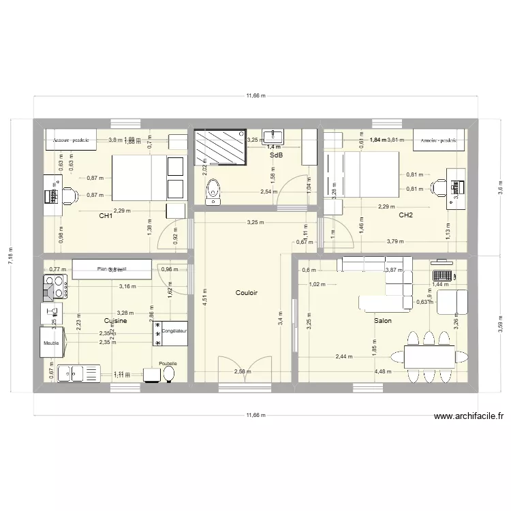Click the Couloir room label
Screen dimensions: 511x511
point(246,293)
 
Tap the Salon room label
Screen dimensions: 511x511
point(382,320)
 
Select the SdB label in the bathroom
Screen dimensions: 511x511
point(276,155)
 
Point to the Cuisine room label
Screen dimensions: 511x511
point(115,320)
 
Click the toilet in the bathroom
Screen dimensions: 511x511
point(213,191)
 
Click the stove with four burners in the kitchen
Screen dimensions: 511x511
point(54,288)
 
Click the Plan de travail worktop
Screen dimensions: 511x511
point(112,268)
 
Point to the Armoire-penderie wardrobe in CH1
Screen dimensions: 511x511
point(70,140)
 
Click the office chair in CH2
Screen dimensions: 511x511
point(440,185)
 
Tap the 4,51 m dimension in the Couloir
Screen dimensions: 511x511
point(204,298)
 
